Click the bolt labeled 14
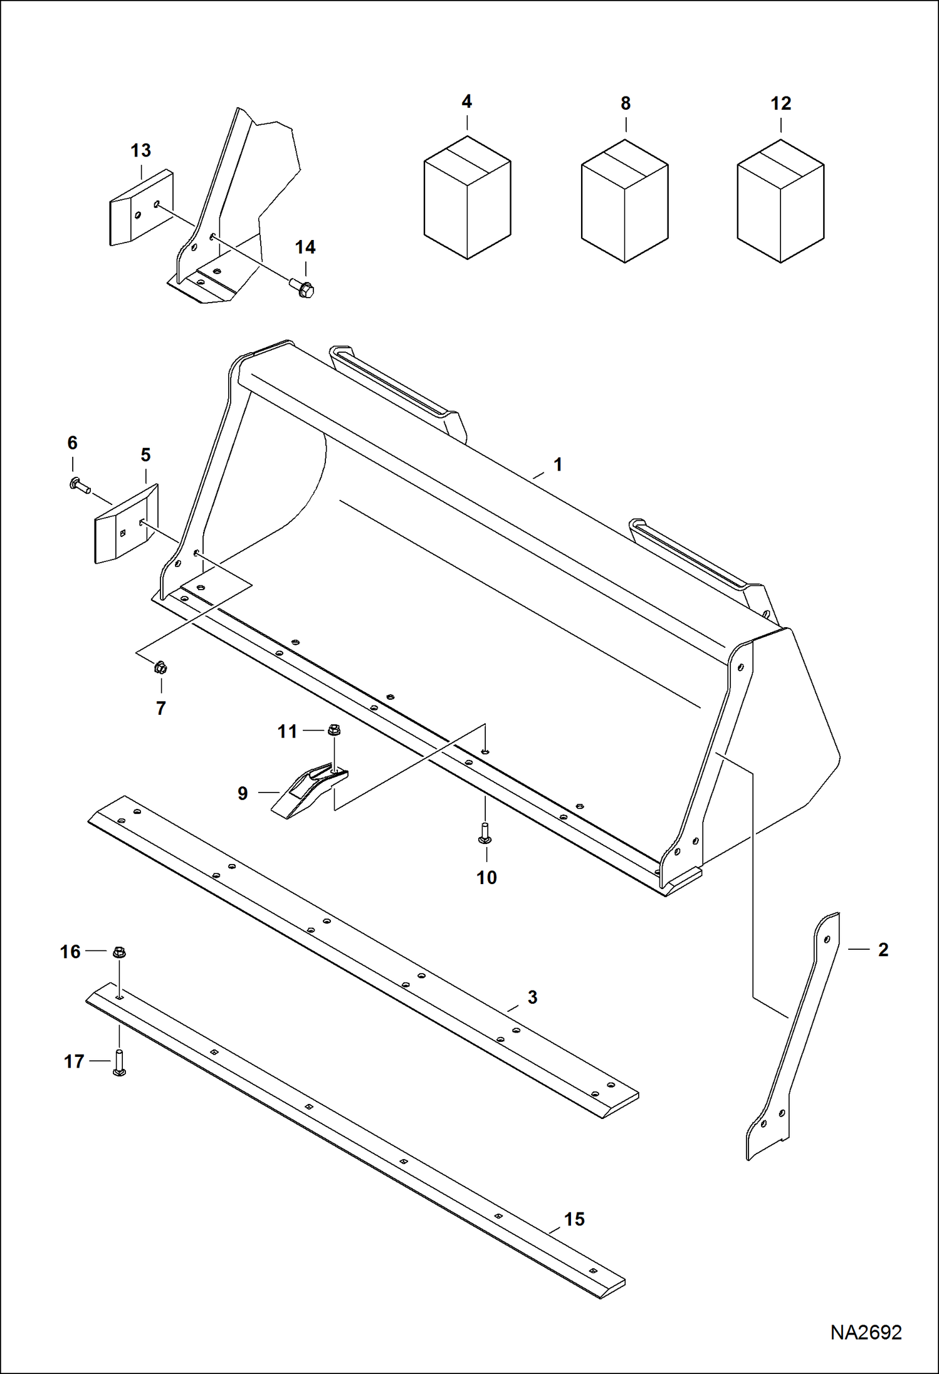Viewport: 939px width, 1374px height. tap(303, 289)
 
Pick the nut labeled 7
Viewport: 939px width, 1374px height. tap(160, 668)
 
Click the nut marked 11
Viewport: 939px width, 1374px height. tap(334, 730)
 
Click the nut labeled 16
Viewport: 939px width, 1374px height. tap(119, 953)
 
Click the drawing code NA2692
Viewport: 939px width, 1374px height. tap(866, 1333)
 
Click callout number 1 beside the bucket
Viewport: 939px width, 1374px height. tap(557, 465)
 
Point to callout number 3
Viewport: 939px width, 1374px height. tap(532, 997)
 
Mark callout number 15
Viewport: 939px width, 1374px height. tap(574, 1219)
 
